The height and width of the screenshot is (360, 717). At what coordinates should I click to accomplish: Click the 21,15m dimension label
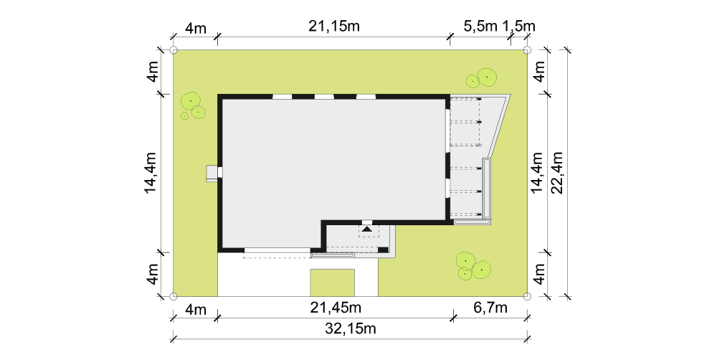(334, 26)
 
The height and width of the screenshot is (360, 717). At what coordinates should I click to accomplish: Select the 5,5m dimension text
(480, 26)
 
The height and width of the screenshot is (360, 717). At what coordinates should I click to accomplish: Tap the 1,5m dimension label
(518, 26)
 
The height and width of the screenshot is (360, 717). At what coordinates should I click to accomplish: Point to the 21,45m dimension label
(336, 308)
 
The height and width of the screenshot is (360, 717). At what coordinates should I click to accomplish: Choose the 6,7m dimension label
(490, 308)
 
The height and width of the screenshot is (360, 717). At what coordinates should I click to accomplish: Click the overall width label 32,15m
(350, 328)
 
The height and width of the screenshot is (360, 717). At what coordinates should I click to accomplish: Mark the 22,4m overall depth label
(557, 172)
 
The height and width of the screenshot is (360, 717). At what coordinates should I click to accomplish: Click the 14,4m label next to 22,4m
(537, 172)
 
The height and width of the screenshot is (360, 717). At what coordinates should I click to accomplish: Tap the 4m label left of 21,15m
(196, 28)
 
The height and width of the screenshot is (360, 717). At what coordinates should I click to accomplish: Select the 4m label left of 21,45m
(196, 309)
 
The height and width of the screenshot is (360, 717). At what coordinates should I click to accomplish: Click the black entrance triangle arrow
(366, 229)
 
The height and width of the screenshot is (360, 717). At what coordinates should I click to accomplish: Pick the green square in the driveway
(333, 283)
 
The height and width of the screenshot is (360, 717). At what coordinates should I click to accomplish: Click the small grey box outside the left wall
(212, 173)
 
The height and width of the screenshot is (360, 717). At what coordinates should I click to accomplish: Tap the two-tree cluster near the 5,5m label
(482, 78)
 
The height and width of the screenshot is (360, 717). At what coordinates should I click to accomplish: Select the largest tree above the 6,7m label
(481, 270)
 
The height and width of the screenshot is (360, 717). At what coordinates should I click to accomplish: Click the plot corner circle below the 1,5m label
(527, 50)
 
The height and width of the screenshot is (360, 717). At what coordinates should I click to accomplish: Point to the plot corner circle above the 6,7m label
(527, 296)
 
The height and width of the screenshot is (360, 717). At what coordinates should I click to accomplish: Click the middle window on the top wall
(324, 97)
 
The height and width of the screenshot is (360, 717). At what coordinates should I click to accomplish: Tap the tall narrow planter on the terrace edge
(487, 188)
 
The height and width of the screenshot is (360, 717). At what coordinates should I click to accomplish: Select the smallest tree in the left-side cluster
(185, 116)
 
